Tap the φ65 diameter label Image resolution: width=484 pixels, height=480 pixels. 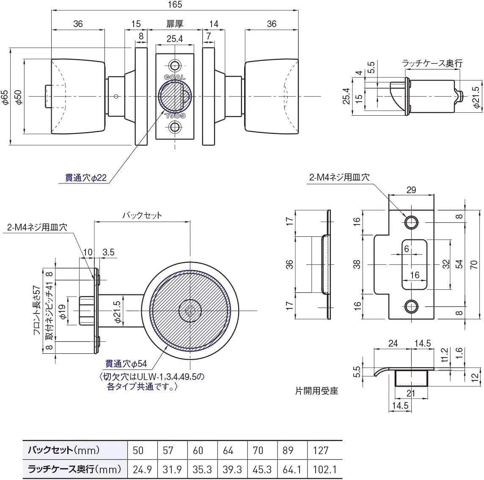[5, 97]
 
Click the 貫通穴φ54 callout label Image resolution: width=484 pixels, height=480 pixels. [126, 364]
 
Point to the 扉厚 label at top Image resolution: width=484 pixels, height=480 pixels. [175, 24]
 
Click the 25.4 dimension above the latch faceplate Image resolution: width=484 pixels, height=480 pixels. [175, 39]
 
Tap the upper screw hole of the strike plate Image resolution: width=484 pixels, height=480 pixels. [410, 222]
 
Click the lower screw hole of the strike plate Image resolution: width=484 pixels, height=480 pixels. [410, 306]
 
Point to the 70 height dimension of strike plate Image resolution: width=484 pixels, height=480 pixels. [474, 265]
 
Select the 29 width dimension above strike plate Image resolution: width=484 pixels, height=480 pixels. [411, 190]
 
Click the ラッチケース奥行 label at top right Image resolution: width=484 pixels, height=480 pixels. [432, 63]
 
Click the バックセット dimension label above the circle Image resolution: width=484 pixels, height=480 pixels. [142, 215]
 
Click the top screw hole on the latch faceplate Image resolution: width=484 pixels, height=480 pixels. [175, 65]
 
